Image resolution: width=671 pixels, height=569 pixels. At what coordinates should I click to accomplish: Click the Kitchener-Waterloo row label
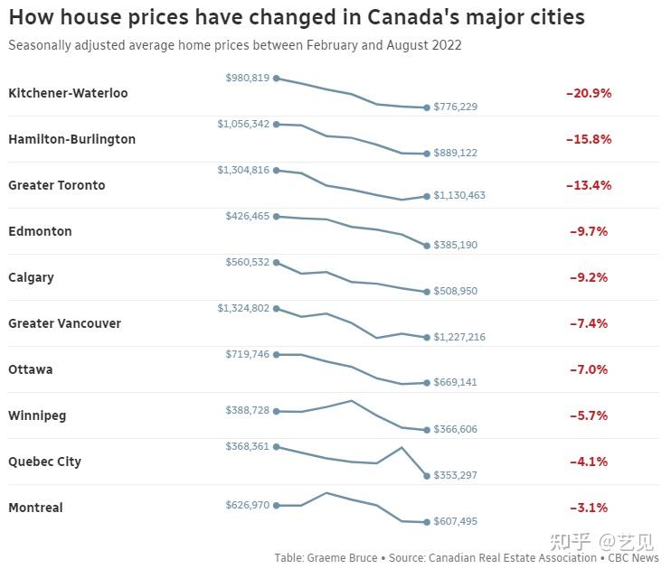click(68, 93)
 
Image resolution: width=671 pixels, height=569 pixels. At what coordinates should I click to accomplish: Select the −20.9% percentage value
click(589, 93)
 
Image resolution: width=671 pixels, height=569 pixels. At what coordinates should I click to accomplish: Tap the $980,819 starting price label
click(247, 79)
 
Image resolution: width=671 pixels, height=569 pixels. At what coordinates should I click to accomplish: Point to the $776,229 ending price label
click(455, 107)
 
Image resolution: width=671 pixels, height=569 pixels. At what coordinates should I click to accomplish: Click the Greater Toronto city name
click(56, 185)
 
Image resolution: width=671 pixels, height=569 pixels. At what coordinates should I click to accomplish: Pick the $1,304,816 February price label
click(243, 170)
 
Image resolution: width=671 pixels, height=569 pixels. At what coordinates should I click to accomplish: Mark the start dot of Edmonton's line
click(276, 217)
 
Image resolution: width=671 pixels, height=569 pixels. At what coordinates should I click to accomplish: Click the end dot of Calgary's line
click(427, 292)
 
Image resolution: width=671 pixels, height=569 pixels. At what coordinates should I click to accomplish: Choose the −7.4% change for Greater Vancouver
click(589, 323)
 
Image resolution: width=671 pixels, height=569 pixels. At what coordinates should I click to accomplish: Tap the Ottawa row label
click(31, 369)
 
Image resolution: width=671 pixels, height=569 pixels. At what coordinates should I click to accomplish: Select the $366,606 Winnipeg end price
click(455, 430)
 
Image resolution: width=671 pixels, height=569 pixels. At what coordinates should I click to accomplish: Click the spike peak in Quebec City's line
click(402, 447)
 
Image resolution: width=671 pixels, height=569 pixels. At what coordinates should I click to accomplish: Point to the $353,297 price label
click(455, 475)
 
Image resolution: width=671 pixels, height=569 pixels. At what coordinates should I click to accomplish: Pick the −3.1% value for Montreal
click(589, 508)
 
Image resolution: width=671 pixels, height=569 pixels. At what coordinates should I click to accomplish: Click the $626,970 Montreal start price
click(247, 505)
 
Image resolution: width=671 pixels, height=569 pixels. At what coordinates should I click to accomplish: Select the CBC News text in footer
click(633, 558)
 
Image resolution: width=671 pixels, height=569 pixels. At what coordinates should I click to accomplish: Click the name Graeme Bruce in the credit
click(345, 558)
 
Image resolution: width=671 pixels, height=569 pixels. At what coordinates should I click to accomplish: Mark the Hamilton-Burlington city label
click(71, 139)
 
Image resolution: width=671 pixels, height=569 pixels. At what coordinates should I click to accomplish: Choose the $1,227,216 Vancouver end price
click(459, 337)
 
